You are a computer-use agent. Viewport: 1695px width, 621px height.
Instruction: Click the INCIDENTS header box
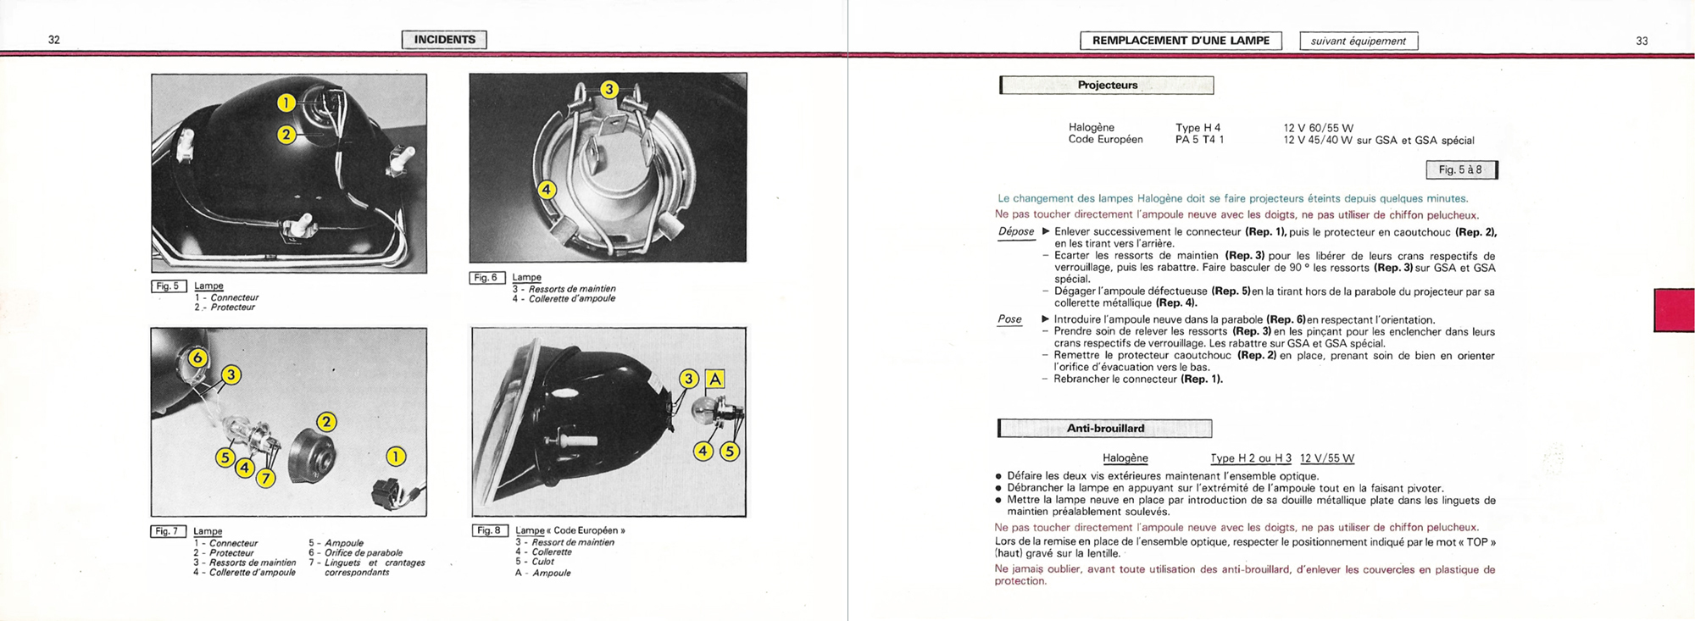pos(444,40)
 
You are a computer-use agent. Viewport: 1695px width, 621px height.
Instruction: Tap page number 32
pos(54,40)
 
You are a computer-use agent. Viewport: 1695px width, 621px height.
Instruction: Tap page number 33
pos(1642,41)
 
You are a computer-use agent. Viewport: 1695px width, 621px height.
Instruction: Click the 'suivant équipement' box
pos(1358,41)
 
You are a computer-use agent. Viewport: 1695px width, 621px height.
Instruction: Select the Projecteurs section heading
pos(1107,86)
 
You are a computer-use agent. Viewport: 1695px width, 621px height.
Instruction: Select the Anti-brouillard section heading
pos(1105,429)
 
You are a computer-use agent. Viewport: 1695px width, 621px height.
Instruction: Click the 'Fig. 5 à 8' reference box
pos(1461,169)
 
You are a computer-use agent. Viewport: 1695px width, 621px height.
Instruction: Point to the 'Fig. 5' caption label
pos(168,286)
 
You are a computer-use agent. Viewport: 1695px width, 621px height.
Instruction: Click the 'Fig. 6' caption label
pos(486,278)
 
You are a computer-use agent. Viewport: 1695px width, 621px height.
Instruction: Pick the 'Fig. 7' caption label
pos(168,531)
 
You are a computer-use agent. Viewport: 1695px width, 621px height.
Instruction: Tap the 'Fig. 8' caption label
pos(489,530)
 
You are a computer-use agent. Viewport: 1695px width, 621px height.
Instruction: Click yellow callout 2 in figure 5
pos(286,134)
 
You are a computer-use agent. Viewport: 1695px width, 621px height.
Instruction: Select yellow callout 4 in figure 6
pos(547,190)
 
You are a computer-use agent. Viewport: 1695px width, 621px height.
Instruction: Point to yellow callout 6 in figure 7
pos(197,358)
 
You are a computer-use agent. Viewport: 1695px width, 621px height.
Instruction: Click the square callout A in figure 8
pos(715,380)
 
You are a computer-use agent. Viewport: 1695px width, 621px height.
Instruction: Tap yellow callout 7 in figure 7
pos(266,479)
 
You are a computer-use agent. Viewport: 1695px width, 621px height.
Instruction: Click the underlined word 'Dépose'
pos(1016,232)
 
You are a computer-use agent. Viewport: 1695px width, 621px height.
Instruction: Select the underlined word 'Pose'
pos(1009,319)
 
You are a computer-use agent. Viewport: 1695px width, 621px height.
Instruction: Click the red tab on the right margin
pos(1674,310)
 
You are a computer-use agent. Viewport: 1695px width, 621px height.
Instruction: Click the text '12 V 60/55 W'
pos(1318,128)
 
